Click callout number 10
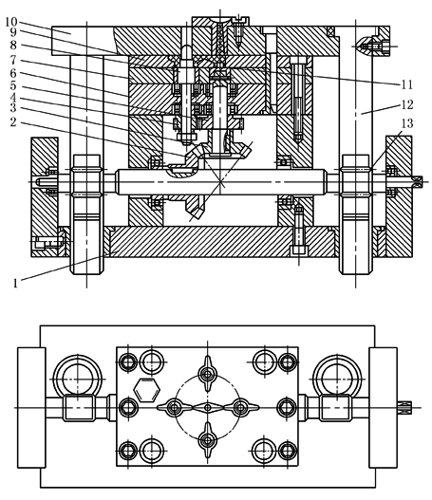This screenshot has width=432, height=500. click(11, 22)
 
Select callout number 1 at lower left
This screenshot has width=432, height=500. click(15, 283)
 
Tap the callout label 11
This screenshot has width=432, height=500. click(406, 84)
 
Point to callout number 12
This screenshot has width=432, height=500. click(407, 104)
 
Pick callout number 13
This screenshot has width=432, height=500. click(407, 123)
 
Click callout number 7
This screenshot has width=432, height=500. click(12, 60)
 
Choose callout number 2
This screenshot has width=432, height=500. click(12, 121)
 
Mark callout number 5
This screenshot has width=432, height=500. click(12, 85)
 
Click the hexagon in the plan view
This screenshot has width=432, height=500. click(147, 390)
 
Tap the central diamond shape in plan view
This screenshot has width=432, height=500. click(208, 408)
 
